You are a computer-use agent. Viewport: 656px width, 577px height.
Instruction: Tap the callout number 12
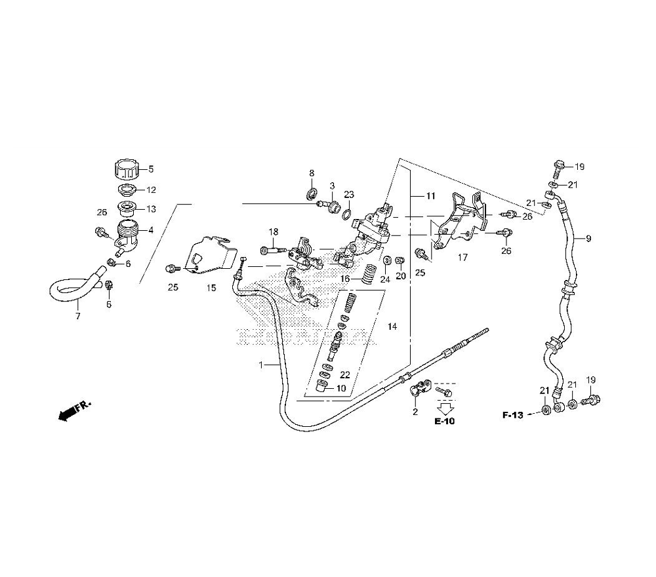tap(150, 190)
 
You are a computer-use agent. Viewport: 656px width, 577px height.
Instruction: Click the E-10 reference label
tap(444, 421)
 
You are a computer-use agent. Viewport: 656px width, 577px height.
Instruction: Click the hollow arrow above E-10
tap(447, 407)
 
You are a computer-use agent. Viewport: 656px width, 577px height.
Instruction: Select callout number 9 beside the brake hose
tap(588, 239)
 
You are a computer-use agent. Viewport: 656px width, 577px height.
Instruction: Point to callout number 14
tap(392, 327)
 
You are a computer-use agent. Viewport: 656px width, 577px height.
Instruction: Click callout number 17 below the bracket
tap(462, 258)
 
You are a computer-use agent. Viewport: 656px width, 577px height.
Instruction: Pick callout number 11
tap(430, 196)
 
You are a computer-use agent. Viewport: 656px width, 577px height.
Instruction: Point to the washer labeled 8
tap(312, 193)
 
